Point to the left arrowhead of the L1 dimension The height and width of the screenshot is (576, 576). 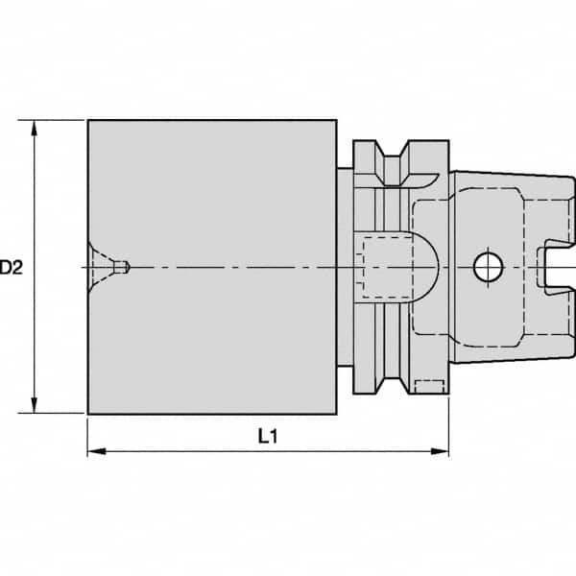click(94, 450)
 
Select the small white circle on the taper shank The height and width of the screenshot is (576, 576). click(487, 266)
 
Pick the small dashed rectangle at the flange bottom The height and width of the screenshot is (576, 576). click(429, 386)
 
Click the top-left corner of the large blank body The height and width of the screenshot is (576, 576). click(88, 121)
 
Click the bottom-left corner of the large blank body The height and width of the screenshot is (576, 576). click(88, 414)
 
